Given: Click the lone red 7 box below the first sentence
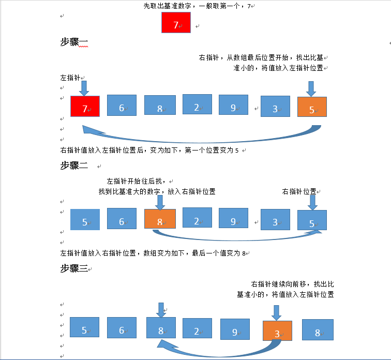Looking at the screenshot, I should [176, 24].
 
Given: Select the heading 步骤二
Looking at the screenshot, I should [74, 166].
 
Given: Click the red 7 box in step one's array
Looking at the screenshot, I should [85, 107].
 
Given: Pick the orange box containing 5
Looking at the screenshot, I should [312, 107].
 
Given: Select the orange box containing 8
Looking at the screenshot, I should [160, 219].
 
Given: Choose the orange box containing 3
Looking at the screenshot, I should [277, 331].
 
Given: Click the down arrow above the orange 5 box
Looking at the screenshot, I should [311, 88].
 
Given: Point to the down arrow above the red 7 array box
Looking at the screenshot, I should [85, 86].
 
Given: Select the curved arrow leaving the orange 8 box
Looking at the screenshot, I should [238, 237].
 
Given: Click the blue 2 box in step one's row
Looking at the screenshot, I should [197, 105].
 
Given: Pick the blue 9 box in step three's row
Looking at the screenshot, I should [235, 329].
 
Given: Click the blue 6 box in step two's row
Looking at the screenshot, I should [122, 219].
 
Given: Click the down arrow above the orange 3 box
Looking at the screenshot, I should [277, 312].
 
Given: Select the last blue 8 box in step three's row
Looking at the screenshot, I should [318, 330].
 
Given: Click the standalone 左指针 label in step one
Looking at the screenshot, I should [70, 78].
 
